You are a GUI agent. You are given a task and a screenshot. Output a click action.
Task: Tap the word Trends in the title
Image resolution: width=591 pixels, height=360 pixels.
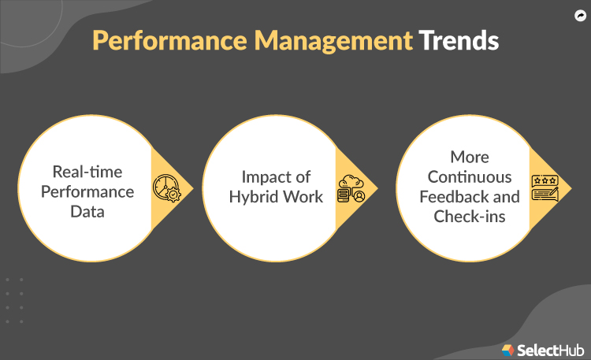(x=458, y=42)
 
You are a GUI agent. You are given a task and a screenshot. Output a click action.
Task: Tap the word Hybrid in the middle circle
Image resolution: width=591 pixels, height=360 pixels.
(x=255, y=196)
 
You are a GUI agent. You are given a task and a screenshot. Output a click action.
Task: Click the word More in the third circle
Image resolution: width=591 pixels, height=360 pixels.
(x=470, y=157)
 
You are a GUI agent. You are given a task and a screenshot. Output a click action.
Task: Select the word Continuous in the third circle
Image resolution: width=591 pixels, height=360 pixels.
(x=470, y=176)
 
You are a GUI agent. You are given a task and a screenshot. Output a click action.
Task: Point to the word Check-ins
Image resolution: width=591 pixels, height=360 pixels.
(x=470, y=216)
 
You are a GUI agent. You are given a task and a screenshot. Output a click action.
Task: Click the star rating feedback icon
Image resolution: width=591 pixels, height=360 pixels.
(x=545, y=188)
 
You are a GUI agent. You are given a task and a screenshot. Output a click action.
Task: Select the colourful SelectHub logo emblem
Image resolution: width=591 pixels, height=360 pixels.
(x=508, y=347)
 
